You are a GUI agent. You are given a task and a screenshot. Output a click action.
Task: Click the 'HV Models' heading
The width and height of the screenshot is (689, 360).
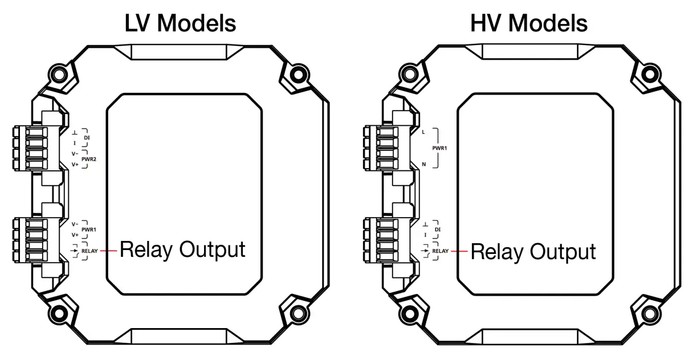point(529,23)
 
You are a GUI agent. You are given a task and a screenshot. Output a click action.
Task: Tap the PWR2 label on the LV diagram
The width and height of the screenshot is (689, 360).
point(88,159)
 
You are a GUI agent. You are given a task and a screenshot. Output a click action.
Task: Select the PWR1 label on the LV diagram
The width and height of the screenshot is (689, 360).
point(88,230)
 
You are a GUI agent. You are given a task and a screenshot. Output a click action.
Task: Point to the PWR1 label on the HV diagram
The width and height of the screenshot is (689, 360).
point(440,148)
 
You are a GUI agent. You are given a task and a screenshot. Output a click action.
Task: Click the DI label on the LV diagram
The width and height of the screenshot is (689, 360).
point(87,137)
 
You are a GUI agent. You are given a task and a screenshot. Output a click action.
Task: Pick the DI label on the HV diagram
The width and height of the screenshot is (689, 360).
point(438,229)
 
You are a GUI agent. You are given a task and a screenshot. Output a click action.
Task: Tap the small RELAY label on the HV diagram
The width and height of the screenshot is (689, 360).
point(441,251)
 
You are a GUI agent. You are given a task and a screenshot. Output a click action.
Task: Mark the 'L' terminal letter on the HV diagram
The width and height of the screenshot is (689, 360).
point(423,132)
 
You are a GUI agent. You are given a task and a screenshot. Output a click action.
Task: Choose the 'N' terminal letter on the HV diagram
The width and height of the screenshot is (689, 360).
point(423,164)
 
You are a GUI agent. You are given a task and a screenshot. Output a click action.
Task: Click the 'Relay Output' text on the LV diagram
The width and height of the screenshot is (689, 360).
point(182,249)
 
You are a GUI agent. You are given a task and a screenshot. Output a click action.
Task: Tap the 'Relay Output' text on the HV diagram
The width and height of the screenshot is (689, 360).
point(533,251)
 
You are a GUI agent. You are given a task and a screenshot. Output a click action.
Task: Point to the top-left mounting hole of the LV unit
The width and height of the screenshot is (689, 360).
point(58,73)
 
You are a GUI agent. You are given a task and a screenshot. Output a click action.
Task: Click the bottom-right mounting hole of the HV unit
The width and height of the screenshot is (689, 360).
point(649,314)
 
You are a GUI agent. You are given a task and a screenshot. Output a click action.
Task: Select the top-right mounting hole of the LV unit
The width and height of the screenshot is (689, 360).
point(297,73)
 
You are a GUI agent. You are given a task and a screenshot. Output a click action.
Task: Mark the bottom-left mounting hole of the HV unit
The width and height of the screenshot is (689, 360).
point(409,314)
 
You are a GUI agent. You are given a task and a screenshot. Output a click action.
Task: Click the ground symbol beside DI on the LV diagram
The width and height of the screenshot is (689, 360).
point(75,132)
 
